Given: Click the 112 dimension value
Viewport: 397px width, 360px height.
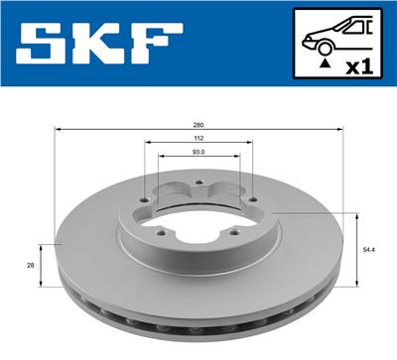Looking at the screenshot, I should point(198,139).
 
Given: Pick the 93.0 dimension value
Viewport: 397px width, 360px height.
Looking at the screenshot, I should point(198,153).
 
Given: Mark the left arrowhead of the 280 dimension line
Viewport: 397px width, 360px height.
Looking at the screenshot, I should point(59,130).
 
